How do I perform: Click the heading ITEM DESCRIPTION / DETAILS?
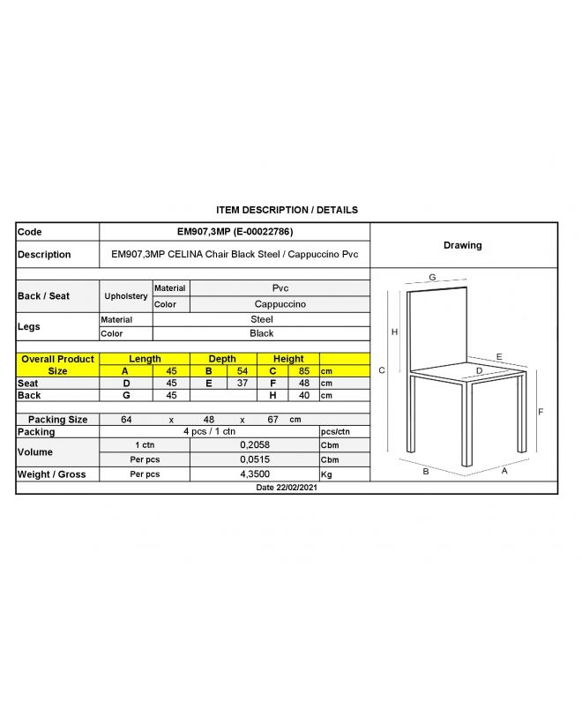point(287,211)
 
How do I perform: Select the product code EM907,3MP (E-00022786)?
point(235,232)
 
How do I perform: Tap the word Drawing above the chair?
point(462,245)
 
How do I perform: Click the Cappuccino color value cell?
point(280,304)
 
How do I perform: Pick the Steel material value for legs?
point(262,319)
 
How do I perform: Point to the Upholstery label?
point(126,296)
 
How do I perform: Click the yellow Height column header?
point(288,359)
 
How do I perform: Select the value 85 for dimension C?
point(304,371)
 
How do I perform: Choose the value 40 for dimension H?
point(304,396)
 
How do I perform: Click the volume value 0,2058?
point(254,445)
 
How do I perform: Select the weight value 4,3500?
point(254,474)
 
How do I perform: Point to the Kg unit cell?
point(328,474)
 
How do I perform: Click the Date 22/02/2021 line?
point(287,488)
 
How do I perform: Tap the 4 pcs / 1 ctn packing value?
point(209,432)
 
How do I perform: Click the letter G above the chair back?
point(432,278)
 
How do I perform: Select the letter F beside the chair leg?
point(541,412)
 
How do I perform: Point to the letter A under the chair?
point(504,471)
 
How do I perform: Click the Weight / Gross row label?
point(52,474)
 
